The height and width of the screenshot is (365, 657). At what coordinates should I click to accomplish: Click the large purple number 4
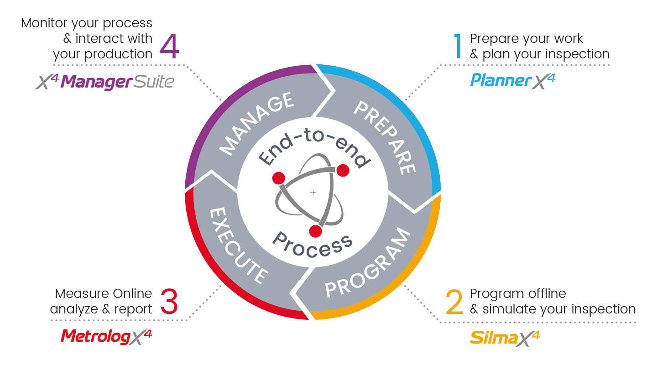tap(169, 47)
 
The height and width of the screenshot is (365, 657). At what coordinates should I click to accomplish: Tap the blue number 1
tap(458, 47)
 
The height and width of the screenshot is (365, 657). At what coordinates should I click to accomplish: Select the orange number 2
tap(454, 302)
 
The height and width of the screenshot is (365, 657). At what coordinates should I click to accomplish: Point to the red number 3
tap(169, 302)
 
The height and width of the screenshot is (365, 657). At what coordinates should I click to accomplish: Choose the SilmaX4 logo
tap(505, 339)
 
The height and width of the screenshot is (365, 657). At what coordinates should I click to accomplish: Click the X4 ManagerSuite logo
tap(105, 82)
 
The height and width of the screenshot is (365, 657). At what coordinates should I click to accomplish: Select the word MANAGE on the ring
tap(256, 124)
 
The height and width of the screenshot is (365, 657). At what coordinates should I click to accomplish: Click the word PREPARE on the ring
tap(385, 138)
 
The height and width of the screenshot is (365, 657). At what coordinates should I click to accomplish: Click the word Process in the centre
tap(313, 245)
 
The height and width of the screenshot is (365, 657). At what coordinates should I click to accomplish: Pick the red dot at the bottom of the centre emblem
tap(316, 231)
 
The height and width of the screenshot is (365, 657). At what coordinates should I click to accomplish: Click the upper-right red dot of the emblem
tap(343, 171)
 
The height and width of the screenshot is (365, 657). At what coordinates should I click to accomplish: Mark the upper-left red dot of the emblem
tap(279, 178)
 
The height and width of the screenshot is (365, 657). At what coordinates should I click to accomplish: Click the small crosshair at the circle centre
tap(313, 193)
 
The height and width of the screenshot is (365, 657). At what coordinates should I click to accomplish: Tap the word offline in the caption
tap(547, 294)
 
